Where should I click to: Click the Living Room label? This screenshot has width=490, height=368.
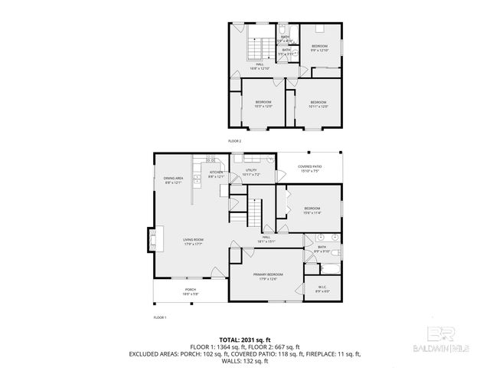[193, 242]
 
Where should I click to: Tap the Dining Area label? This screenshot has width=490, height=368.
[173, 180]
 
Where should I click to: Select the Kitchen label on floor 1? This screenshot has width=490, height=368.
[216, 174]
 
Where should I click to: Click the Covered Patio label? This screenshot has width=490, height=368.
[309, 169]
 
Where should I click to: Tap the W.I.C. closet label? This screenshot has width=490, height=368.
[322, 289]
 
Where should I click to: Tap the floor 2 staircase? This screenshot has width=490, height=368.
[259, 49]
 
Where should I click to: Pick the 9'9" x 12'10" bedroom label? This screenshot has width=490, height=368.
[319, 48]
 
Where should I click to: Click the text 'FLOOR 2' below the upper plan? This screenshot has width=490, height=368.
[234, 142]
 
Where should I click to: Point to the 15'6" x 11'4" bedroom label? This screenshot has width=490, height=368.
[312, 211]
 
